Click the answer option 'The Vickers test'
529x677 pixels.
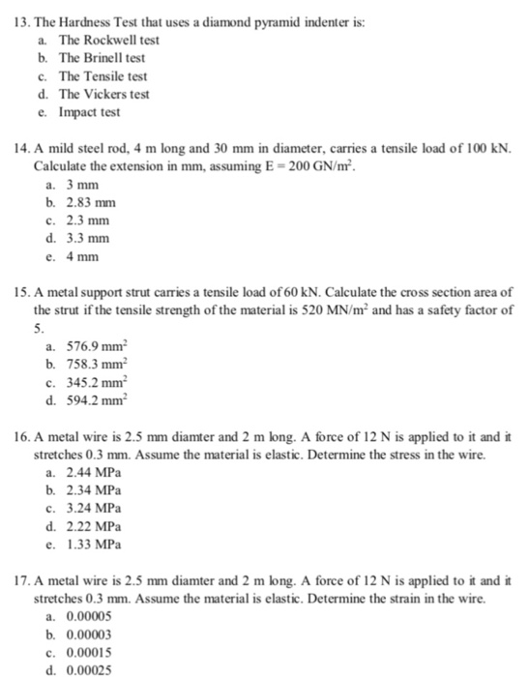point(104,94)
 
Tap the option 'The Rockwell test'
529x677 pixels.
point(108,41)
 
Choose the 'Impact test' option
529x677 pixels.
point(89,111)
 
